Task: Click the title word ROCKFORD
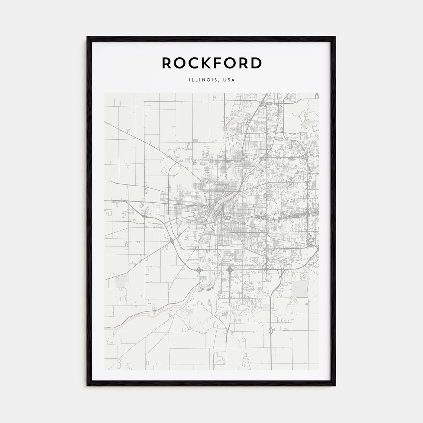[211, 63]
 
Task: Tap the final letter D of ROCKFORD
[256, 63]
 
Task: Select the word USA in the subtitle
[229, 80]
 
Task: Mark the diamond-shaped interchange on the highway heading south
[270, 331]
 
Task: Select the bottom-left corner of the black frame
[88, 385]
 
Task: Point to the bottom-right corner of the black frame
[335, 385]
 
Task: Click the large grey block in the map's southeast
[300, 287]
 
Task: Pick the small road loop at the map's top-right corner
[317, 95]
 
